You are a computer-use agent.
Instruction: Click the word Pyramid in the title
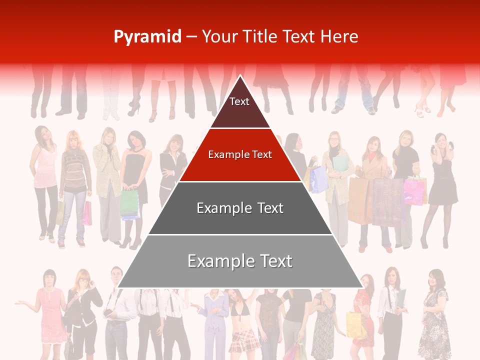pyautogui.click(x=147, y=37)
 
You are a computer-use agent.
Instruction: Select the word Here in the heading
pyautogui.click(x=339, y=37)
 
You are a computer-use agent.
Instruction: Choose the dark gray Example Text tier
pyautogui.click(x=240, y=208)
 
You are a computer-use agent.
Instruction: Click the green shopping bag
pyautogui.click(x=129, y=204)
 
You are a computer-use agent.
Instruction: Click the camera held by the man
pyautogui.click(x=108, y=313)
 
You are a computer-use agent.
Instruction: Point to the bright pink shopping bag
pyautogui.click(x=414, y=191)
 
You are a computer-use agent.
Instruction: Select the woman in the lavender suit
pyautogui.click(x=213, y=320)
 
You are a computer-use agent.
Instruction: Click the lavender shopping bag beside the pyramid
pyautogui.click(x=318, y=179)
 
